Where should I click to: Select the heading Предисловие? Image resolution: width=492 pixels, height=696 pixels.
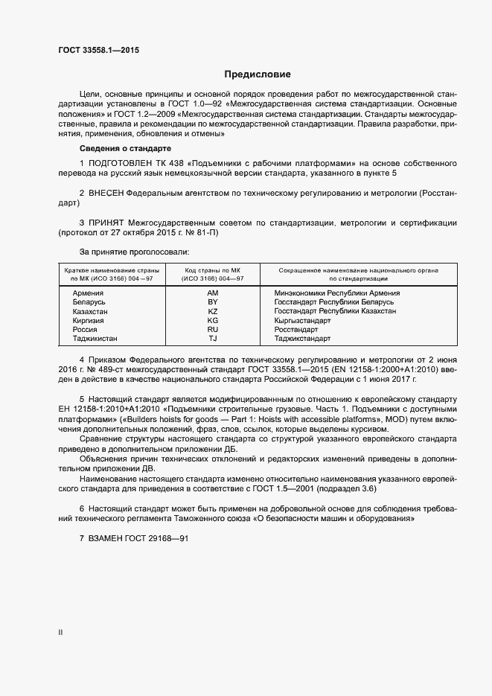pos(258,74)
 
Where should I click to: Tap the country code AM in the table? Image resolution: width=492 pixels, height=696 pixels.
pos(212,293)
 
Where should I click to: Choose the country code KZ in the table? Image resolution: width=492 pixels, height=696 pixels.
pos(212,311)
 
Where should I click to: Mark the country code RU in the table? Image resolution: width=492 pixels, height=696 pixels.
pos(212,329)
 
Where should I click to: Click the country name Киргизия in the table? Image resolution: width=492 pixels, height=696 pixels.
pos(88,320)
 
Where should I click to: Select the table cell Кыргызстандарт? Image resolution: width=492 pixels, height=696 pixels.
pos(302,320)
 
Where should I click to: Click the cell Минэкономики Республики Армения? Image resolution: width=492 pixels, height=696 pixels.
pos(336,293)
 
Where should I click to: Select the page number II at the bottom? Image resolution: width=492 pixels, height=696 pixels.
pos(60,633)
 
